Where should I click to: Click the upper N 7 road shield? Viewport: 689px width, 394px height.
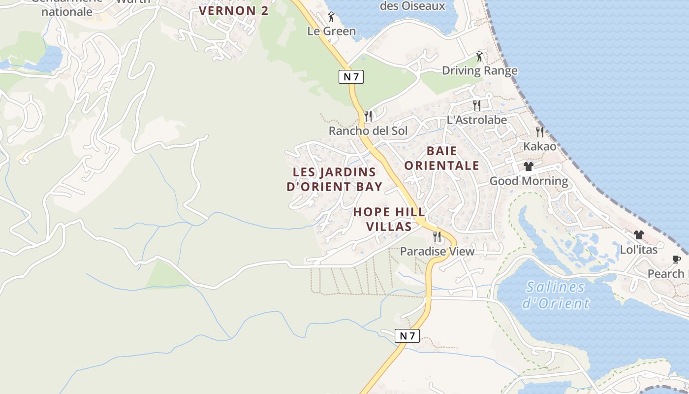pyautogui.click(x=351, y=76)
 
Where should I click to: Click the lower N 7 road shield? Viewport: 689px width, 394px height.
pyautogui.click(x=407, y=336)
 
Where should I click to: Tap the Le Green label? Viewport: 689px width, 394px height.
pyautogui.click(x=331, y=31)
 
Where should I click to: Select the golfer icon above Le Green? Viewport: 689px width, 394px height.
pyautogui.click(x=331, y=17)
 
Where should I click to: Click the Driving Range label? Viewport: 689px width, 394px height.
pyautogui.click(x=479, y=70)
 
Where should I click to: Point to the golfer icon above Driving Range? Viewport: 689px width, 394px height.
pyautogui.click(x=479, y=56)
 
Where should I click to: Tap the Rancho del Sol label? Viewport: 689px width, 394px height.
pyautogui.click(x=368, y=131)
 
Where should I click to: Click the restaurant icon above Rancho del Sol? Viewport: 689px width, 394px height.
pyautogui.click(x=368, y=116)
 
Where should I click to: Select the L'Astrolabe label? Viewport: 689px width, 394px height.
pyautogui.click(x=476, y=120)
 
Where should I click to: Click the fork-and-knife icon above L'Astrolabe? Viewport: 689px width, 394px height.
pyautogui.click(x=476, y=105)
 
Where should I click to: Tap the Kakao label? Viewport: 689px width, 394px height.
pyautogui.click(x=539, y=146)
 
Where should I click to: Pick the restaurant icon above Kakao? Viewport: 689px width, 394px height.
pyautogui.click(x=540, y=132)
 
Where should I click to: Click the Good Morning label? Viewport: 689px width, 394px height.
pyautogui.click(x=529, y=181)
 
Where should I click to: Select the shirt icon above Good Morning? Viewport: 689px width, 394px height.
pyautogui.click(x=529, y=166)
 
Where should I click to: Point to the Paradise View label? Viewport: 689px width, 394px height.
pyautogui.click(x=437, y=251)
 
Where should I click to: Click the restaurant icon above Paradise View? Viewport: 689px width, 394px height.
pyautogui.click(x=437, y=237)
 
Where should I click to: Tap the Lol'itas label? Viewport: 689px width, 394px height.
pyautogui.click(x=638, y=250)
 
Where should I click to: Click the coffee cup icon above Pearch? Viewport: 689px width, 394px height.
pyautogui.click(x=677, y=259)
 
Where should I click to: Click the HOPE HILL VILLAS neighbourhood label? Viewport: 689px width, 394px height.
pyautogui.click(x=389, y=219)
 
